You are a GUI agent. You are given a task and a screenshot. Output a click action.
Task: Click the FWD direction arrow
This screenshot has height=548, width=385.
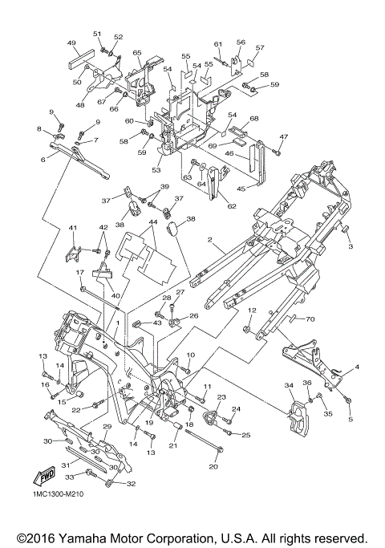tap(44, 476)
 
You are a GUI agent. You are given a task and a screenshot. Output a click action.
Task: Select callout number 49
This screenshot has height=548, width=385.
tap(71, 43)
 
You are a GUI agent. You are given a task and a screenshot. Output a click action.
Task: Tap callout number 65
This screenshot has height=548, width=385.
tap(137, 52)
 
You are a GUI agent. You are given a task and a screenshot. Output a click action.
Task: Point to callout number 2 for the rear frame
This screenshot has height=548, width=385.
tap(209, 239)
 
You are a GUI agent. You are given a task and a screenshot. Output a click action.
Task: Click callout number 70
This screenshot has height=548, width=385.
tap(310, 319)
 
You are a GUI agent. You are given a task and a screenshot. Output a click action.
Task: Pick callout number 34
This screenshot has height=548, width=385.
tap(289, 385)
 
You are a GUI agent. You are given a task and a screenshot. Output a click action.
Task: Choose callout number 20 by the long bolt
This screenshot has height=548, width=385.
tap(213, 466)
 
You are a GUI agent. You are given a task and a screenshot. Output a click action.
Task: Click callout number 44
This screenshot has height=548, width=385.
tap(152, 221)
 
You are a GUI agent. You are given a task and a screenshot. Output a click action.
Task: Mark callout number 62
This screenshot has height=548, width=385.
tap(232, 206)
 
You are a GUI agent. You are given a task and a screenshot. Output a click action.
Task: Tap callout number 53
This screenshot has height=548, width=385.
tap(156, 170)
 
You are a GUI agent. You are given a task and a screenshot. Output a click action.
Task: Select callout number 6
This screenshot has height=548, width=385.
tap(43, 160)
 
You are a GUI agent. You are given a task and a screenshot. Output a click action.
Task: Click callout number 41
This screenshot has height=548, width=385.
tap(72, 228)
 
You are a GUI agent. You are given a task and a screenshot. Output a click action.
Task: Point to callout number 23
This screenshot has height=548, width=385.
tap(222, 397)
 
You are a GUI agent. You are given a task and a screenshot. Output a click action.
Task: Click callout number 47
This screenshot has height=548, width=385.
tap(283, 136)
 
